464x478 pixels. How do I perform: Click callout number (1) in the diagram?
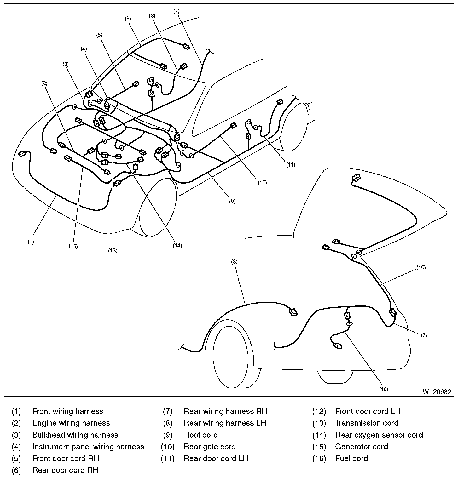31,242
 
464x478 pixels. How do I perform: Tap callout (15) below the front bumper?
73,246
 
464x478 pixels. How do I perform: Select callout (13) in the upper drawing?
113,251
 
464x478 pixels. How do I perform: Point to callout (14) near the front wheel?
177,246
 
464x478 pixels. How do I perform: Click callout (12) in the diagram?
262,182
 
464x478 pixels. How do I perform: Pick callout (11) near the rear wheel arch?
290,164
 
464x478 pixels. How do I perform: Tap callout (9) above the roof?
128,19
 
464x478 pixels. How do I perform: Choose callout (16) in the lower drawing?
384,389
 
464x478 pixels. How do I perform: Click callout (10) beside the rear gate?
421,267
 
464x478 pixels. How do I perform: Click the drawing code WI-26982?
437,392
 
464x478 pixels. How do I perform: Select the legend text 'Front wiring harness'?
68,411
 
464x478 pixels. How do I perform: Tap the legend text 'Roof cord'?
201,435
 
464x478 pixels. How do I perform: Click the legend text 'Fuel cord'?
351,458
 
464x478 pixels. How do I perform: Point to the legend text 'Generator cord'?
361,447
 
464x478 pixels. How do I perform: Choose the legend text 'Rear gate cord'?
210,447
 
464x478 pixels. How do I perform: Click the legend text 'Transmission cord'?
367,423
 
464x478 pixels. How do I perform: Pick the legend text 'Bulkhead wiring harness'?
75,435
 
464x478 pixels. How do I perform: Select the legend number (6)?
16,470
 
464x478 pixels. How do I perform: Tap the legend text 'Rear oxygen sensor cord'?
379,435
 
